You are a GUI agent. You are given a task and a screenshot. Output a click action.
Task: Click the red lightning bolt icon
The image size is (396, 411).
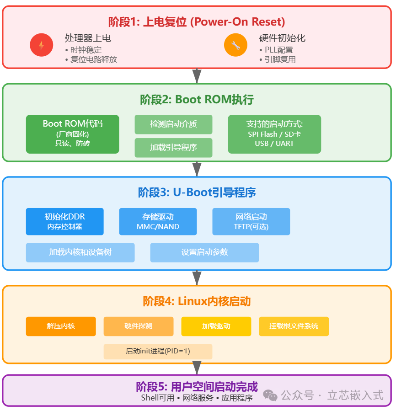tap(41, 45)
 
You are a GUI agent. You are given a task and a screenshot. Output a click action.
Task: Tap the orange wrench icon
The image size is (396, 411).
tap(235, 45)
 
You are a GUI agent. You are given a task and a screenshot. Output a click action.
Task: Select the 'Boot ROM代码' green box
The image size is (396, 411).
tap(72, 134)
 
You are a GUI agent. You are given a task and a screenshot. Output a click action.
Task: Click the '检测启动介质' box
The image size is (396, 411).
tap(173, 124)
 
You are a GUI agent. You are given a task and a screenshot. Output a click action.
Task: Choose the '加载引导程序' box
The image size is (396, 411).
tap(173, 148)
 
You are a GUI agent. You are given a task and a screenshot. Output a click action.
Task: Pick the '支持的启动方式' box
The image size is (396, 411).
tap(274, 134)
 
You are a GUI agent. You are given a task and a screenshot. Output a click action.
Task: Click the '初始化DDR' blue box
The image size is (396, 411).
tap(65, 221)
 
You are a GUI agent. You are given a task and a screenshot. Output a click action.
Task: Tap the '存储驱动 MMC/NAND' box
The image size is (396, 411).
tap(158, 221)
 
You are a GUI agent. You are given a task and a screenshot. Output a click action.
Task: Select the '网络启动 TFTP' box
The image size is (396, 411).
tap(251, 221)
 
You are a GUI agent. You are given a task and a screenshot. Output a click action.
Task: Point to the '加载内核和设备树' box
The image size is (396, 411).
tap(80, 252)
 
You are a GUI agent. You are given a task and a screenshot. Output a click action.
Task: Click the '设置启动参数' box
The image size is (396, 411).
tap(204, 252)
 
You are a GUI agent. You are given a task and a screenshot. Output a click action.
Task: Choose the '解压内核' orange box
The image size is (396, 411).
tap(61, 326)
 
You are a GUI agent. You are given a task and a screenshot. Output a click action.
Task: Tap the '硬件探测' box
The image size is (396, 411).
tap(139, 326)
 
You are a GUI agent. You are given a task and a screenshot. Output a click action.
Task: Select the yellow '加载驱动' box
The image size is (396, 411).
tap(216, 326)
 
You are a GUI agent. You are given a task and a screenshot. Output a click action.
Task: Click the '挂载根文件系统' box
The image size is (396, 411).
tap(294, 326)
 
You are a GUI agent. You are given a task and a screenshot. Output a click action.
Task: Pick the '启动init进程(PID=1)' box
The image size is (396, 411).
tap(158, 351)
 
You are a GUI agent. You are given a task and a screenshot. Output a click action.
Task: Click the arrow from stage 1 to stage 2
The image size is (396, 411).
tap(197, 76)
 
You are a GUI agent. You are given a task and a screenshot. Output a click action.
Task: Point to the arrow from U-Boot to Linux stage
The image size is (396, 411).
tap(197, 278)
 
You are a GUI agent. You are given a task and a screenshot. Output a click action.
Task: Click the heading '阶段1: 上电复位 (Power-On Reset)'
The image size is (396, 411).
tap(197, 21)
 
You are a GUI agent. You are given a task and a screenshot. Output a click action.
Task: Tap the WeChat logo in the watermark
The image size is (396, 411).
tap(270, 395)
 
